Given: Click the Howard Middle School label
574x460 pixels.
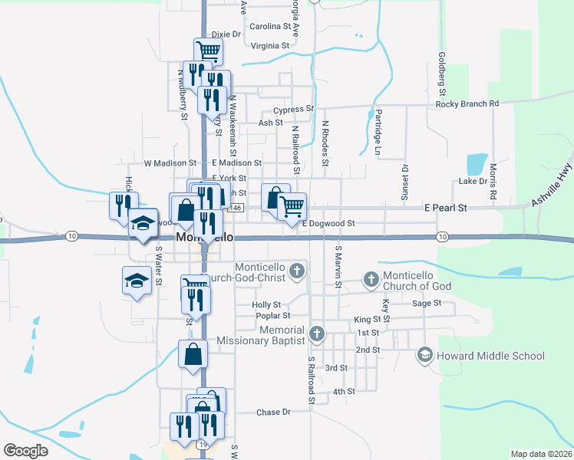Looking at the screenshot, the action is click(490, 356).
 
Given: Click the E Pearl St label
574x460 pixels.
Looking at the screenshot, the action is click(445, 208).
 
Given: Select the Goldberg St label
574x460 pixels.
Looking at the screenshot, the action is click(441, 70).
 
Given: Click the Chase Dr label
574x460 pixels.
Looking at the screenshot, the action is click(273, 412).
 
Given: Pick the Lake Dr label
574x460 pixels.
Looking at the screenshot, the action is click(472, 182).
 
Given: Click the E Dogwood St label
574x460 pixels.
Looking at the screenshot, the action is click(328, 224).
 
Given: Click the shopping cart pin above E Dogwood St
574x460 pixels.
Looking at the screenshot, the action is click(292, 205).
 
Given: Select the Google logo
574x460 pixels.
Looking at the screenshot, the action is click(25, 451).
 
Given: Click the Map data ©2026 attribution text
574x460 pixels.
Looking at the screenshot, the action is click(541, 454).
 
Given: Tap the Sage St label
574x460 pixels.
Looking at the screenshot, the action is click(426, 304).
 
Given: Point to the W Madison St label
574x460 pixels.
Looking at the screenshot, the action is click(170, 163).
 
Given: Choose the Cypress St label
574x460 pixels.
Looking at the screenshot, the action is click(294, 110).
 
